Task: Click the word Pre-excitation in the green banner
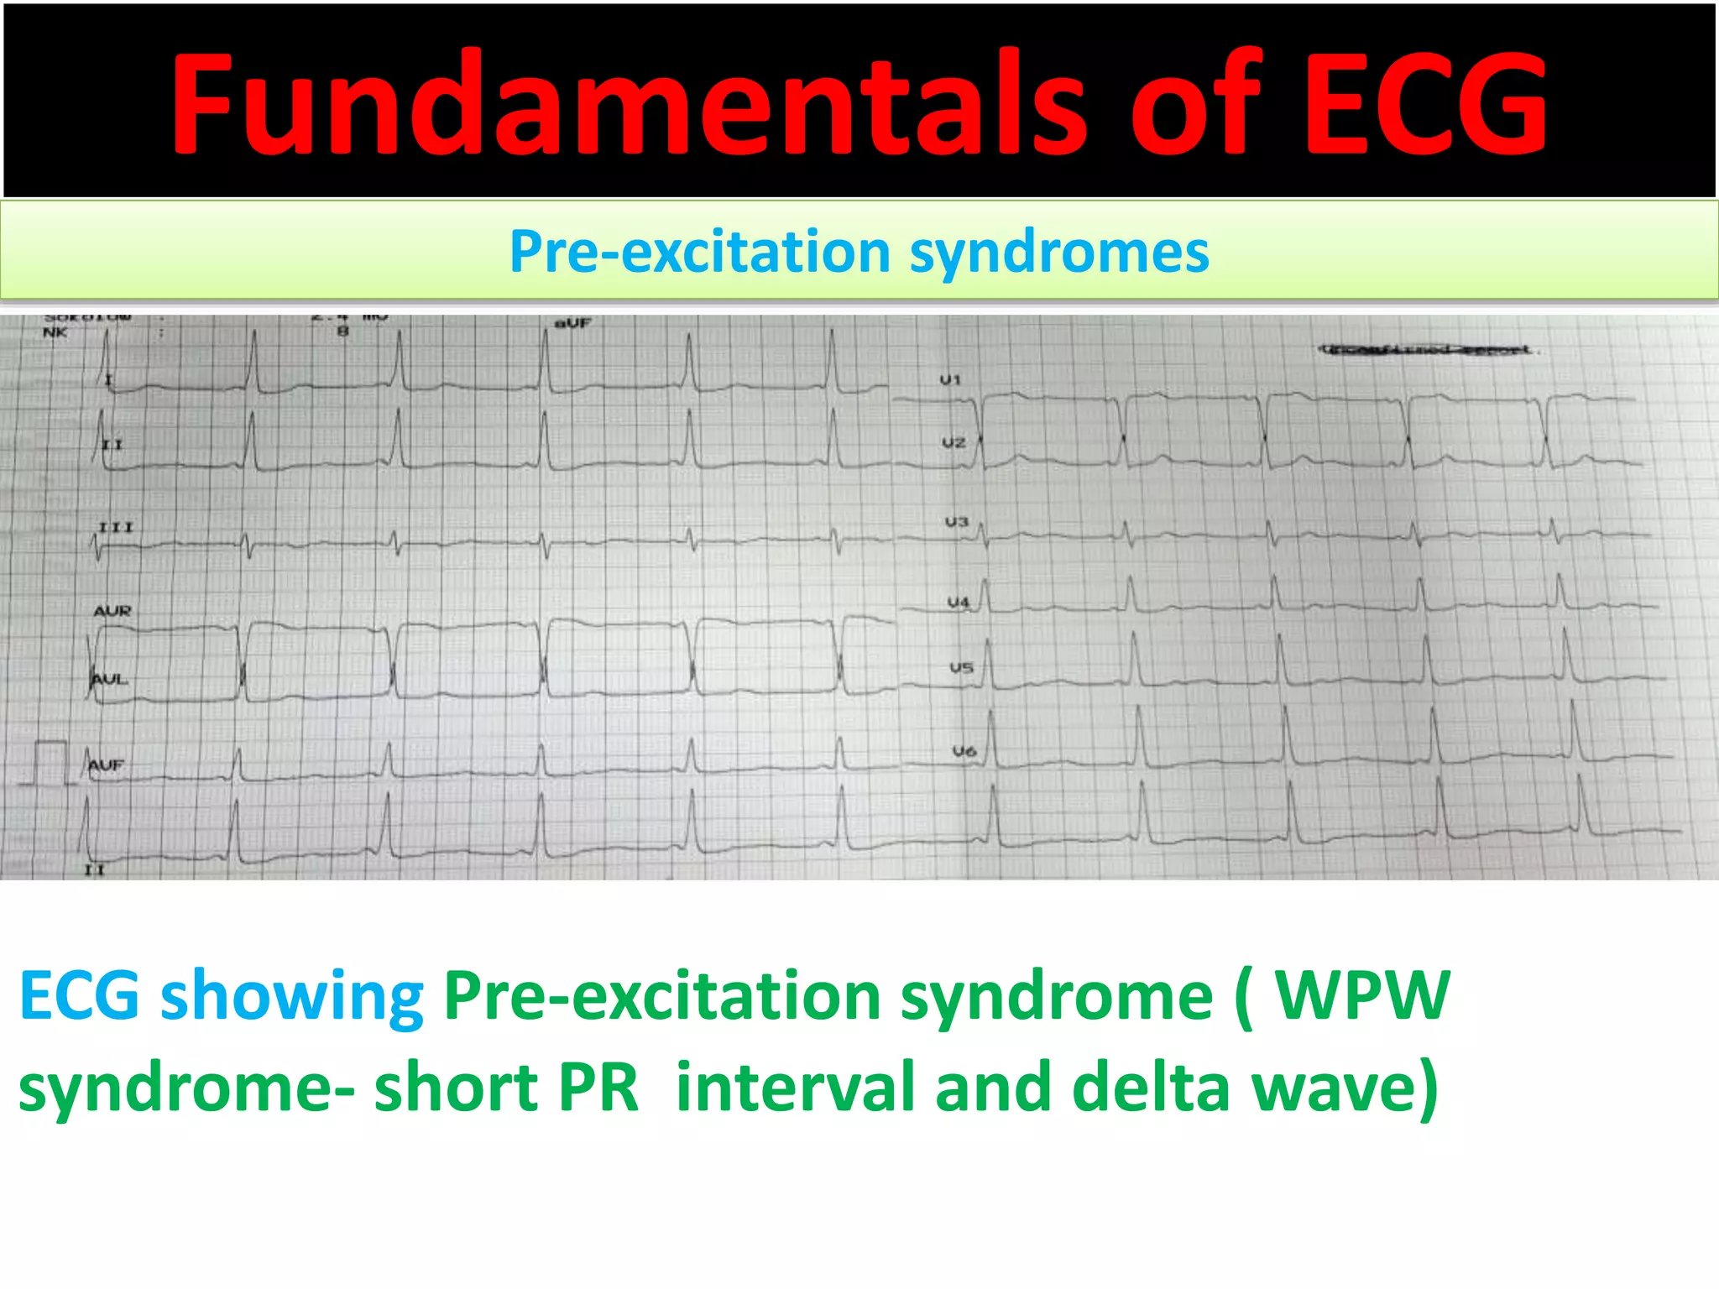pyautogui.click(x=701, y=252)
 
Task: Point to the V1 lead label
pyautogui.click(x=949, y=380)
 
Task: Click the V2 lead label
pyautogui.click(x=953, y=442)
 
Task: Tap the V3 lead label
pyautogui.click(x=956, y=522)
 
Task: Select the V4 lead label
pyautogui.click(x=958, y=602)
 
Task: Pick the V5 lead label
pyautogui.click(x=961, y=668)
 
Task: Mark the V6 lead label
pyautogui.click(x=964, y=751)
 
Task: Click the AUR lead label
pyautogui.click(x=112, y=611)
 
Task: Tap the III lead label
pyautogui.click(x=116, y=527)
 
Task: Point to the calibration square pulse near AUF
pyautogui.click(x=50, y=762)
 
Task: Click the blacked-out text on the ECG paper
pyautogui.click(x=1424, y=349)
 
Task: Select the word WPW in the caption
pyautogui.click(x=1361, y=996)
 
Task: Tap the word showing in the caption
pyautogui.click(x=291, y=996)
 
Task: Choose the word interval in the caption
pyautogui.click(x=794, y=1087)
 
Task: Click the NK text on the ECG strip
pyautogui.click(x=55, y=332)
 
